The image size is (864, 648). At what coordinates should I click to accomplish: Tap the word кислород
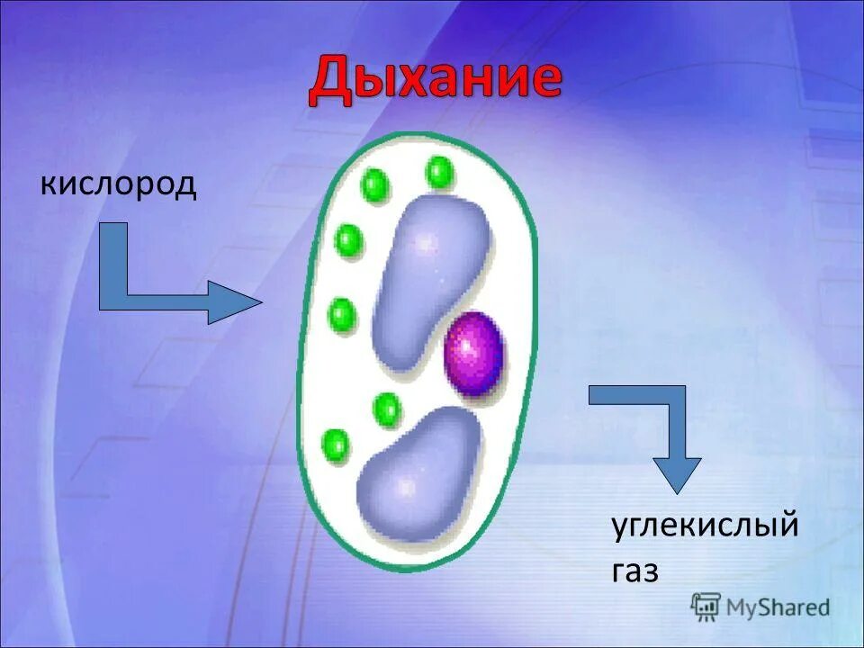tap(117, 185)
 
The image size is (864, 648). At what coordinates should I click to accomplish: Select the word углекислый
tap(705, 524)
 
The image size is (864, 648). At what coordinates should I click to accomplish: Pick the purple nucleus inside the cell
tap(473, 352)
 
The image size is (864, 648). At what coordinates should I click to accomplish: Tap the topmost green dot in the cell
tap(439, 171)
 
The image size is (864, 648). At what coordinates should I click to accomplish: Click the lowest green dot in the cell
tap(335, 445)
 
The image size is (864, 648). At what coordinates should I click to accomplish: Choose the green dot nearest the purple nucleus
tap(387, 409)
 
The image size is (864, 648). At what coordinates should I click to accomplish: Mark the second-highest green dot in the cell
tap(374, 185)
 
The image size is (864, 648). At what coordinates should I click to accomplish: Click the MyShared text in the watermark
tap(778, 607)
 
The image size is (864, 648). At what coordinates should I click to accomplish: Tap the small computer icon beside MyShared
tap(706, 607)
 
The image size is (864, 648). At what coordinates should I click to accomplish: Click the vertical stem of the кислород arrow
tap(112, 265)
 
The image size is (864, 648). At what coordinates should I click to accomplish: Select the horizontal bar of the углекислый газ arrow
tap(630, 395)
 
